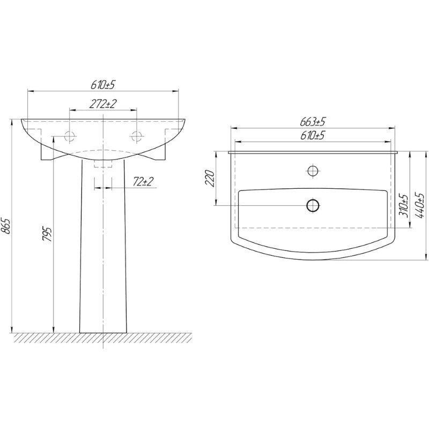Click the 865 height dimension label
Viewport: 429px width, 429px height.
pyautogui.click(x=6, y=226)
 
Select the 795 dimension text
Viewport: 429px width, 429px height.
pyautogui.click(x=47, y=234)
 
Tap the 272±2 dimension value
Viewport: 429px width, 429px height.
pyautogui.click(x=103, y=104)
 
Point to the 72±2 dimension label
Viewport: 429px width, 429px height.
pyautogui.click(x=143, y=181)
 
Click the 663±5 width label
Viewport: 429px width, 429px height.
pyautogui.click(x=313, y=122)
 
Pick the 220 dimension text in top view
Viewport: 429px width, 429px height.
pyautogui.click(x=210, y=178)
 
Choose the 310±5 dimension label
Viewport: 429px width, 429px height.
pyautogui.click(x=404, y=206)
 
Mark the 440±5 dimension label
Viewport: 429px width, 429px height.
pyautogui.click(x=419, y=205)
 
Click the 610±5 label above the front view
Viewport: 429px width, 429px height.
pyautogui.click(x=102, y=85)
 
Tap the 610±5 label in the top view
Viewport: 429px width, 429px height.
pyautogui.click(x=313, y=136)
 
